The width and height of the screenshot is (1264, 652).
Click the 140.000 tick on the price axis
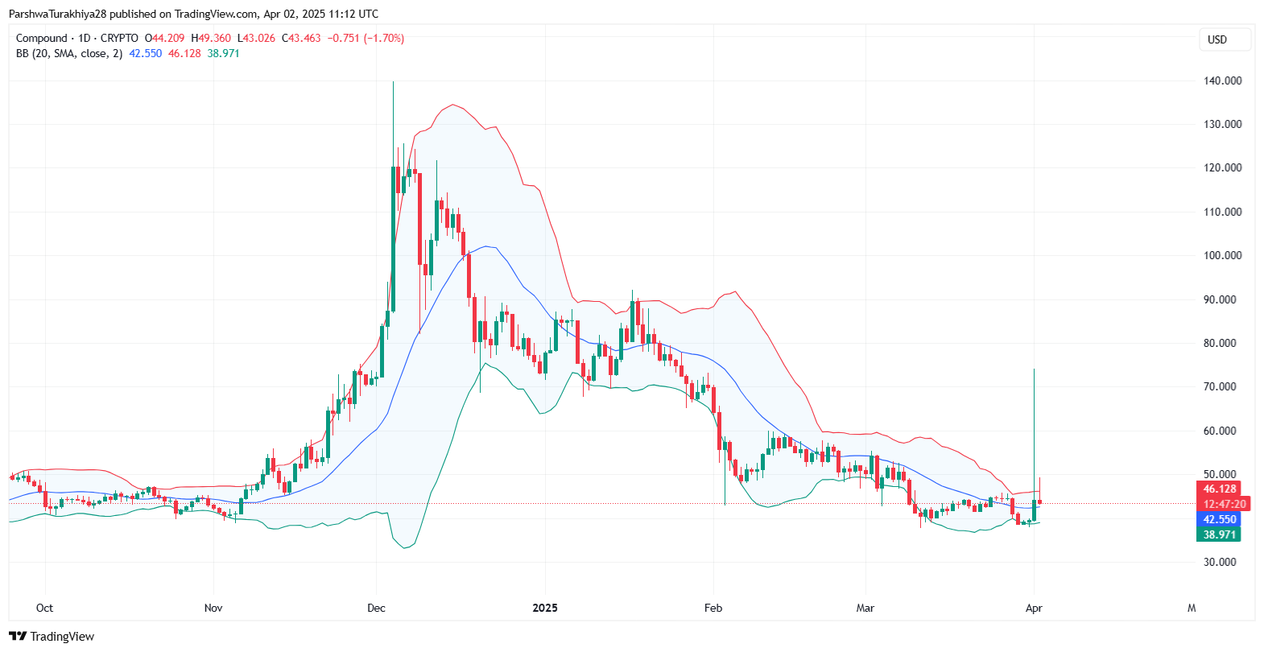(x=1222, y=80)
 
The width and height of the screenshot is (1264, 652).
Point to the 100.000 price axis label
(x=1222, y=255)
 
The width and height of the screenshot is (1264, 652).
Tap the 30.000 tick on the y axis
(x=1220, y=562)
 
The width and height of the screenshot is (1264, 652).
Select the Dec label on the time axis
(x=376, y=608)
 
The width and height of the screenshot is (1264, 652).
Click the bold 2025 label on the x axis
(x=545, y=608)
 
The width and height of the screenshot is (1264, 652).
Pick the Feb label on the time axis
(x=713, y=608)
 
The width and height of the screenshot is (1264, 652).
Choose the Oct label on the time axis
(x=45, y=608)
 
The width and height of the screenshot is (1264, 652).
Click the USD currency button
(x=1217, y=39)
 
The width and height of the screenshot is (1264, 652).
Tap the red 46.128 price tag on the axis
(x=1219, y=489)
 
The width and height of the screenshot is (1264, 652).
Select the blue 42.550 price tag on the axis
(x=1219, y=519)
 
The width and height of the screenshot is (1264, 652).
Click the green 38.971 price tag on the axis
(x=1219, y=534)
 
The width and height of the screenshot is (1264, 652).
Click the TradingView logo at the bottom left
(x=52, y=636)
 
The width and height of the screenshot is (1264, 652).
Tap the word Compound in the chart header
(x=42, y=38)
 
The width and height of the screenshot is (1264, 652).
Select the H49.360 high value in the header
(x=211, y=38)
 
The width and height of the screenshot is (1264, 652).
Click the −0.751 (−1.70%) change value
(x=366, y=38)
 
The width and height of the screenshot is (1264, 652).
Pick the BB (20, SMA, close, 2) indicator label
(x=69, y=53)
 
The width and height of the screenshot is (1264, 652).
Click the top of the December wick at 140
(x=393, y=82)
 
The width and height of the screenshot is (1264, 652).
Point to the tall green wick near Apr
(x=1034, y=419)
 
